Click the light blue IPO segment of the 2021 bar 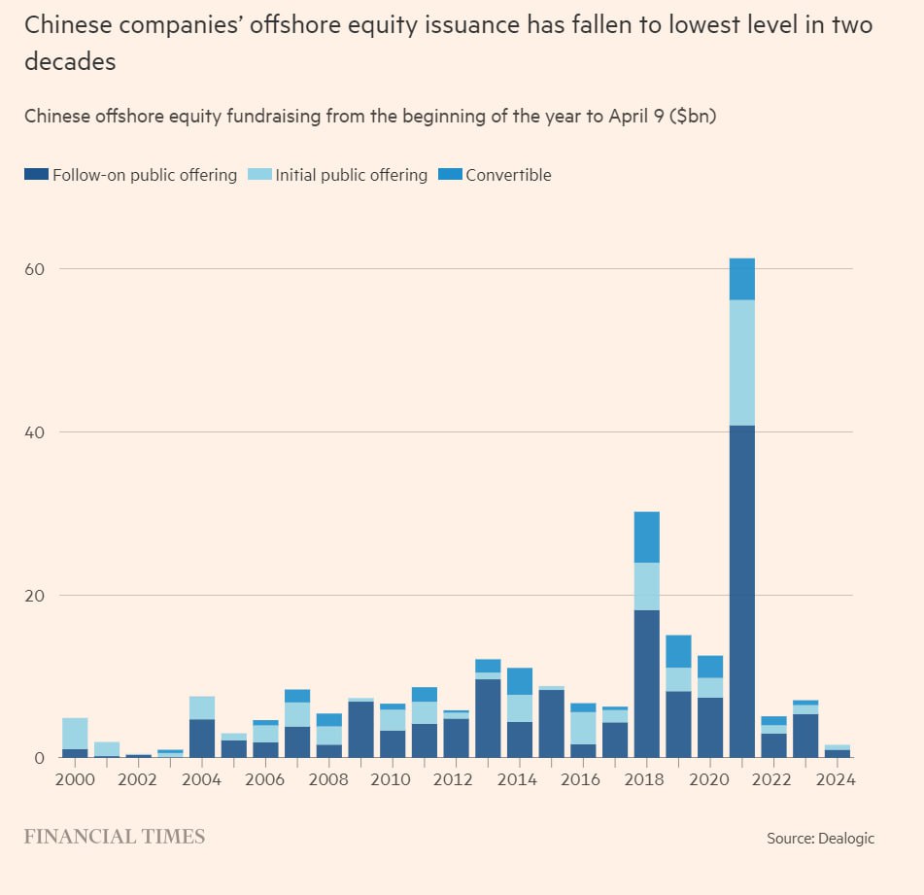741,362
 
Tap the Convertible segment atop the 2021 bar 741,279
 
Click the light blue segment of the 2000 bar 75,734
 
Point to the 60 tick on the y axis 36,268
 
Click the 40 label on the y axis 36,431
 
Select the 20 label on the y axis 36,595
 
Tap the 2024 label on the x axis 837,780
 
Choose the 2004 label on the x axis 202,780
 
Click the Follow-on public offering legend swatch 36,175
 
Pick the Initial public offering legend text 351,175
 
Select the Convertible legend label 508,175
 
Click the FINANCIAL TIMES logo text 115,837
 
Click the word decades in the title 70,61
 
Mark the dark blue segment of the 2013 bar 488,718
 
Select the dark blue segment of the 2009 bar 360,729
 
